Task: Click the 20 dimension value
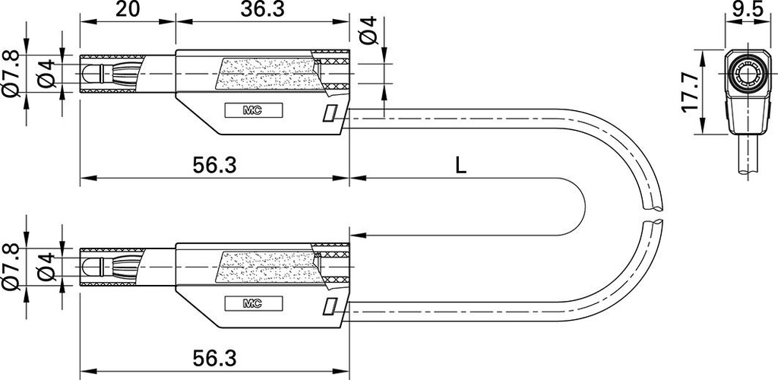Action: (127, 9)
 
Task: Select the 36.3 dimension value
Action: (262, 9)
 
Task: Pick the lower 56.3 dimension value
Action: (214, 358)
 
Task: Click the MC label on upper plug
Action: (254, 111)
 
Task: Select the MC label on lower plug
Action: (254, 303)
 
